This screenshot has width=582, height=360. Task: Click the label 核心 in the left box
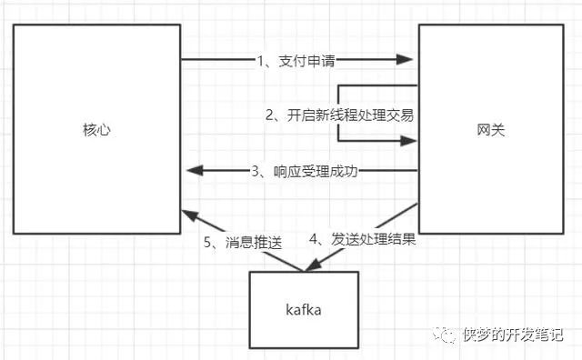pos(95,130)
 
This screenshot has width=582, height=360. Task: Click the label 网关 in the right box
pos(490,130)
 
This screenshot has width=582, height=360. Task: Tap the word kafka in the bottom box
pos(303,310)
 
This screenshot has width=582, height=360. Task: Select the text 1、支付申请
pos(296,61)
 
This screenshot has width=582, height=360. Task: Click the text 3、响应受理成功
pos(304,170)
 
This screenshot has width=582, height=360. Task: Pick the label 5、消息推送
pos(244,243)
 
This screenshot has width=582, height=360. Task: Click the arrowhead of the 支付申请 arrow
pos(406,60)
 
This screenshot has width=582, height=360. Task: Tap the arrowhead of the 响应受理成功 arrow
pos(193,170)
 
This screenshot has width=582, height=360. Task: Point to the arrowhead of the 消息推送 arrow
pos(187,215)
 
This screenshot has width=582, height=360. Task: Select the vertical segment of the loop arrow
pos(337,114)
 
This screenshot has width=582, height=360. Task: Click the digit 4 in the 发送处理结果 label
pos(315,243)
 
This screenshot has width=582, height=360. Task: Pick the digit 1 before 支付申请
pos(260,61)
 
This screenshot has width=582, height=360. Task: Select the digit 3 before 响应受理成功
pos(256,170)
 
